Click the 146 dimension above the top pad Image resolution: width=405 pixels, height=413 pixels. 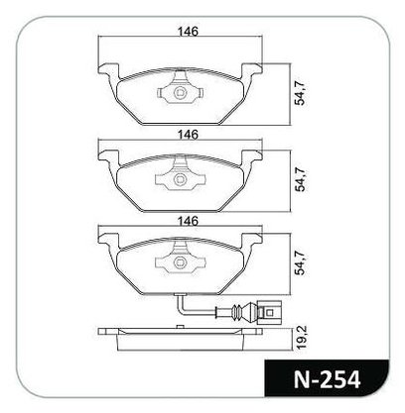pyautogui.click(x=188, y=32)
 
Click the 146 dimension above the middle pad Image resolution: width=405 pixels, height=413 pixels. pyautogui.click(x=188, y=135)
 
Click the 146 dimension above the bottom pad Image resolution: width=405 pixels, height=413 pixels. pyautogui.click(x=188, y=221)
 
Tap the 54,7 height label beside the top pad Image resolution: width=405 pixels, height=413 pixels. pyautogui.click(x=301, y=95)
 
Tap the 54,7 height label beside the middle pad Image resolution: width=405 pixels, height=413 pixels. pyautogui.click(x=301, y=180)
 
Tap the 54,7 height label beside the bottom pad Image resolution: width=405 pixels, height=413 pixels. pyautogui.click(x=301, y=263)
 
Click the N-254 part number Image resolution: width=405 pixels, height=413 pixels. pyautogui.click(x=327, y=379)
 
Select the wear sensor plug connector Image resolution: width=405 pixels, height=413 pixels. pyautogui.click(x=269, y=311)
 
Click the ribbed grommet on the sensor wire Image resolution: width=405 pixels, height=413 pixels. pyautogui.click(x=236, y=311)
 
